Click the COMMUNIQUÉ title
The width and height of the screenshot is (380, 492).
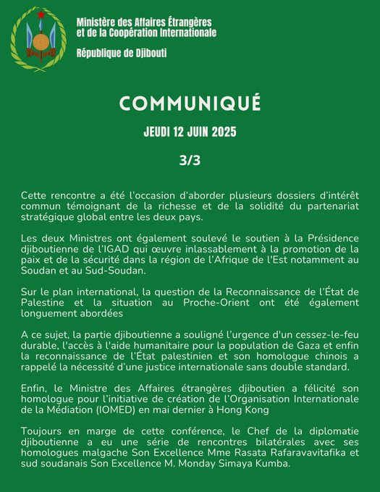pos(190,104)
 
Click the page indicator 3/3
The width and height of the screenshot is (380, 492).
pos(190,161)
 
